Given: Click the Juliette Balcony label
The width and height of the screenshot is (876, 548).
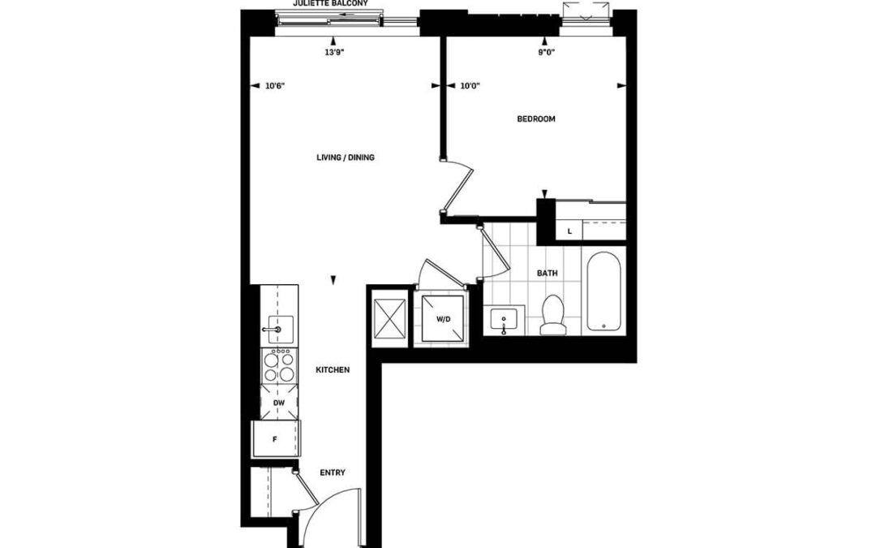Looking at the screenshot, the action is (331, 3).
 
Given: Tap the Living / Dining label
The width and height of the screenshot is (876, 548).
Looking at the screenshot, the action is (346, 157).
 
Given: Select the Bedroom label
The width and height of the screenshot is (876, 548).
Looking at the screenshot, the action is (536, 119).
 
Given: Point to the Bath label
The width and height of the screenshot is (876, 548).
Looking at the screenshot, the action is (547, 274).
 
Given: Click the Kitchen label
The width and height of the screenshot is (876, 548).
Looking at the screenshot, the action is (333, 370).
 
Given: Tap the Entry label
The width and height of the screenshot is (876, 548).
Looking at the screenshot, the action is (333, 473).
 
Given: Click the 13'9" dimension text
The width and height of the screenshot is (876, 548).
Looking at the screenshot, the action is (334, 53).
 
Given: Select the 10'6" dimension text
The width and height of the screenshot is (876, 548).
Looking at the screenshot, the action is (276, 86).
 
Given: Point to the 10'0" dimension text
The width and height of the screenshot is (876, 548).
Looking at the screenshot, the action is (470, 86).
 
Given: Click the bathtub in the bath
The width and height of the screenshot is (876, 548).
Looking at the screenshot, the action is (603, 291).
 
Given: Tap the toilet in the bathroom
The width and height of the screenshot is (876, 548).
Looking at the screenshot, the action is (554, 315).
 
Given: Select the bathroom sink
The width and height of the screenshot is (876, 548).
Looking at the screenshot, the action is (505, 321).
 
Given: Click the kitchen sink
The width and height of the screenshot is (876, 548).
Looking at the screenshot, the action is (280, 330).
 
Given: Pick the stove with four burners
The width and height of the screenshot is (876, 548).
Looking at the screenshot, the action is (279, 365).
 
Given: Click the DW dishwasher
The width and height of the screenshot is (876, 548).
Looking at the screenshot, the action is (279, 403).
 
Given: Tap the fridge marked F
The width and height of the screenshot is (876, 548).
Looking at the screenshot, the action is (276, 439).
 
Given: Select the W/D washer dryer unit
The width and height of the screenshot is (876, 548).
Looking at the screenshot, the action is (443, 319).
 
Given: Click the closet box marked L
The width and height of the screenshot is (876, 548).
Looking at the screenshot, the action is (569, 231).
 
